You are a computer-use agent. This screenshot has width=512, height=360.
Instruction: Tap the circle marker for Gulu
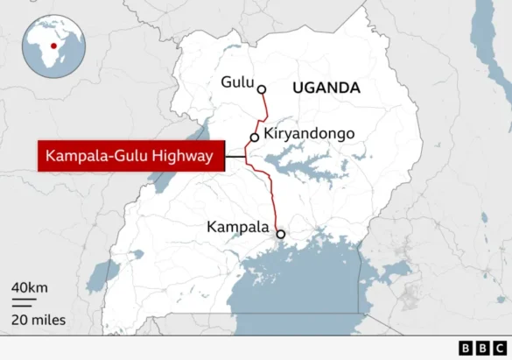click(261, 88)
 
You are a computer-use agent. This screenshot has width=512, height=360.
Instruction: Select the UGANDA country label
click(326, 88)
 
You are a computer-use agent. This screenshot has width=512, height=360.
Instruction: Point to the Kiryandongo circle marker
click(255, 138)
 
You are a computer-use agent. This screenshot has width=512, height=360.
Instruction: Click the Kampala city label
click(238, 227)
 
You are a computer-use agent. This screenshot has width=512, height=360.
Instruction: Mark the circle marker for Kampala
click(280, 234)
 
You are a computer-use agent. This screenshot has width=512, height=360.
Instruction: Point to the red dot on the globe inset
click(54, 46)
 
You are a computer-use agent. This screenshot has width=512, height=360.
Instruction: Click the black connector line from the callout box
click(234, 158)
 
